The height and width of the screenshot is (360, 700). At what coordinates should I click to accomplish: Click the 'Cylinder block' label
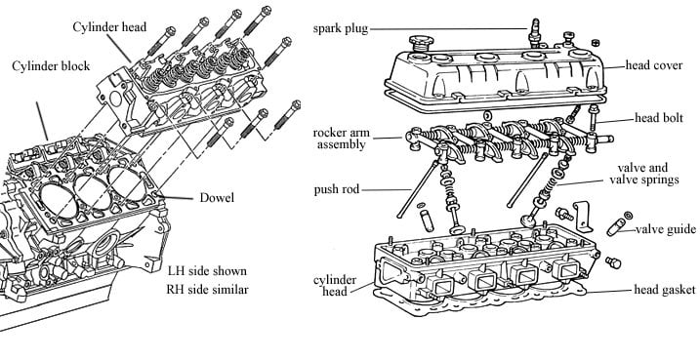tap(51, 66)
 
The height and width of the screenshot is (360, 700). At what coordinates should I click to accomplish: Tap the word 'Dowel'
tap(217, 198)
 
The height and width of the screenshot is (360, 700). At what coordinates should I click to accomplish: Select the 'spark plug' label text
tap(341, 29)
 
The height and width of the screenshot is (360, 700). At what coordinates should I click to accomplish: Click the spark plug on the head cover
tap(535, 32)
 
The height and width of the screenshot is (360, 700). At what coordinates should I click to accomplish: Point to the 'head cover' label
tap(654, 65)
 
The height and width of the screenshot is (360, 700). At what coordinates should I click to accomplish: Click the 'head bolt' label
tap(659, 118)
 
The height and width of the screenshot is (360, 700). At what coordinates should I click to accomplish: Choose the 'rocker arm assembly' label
tap(342, 139)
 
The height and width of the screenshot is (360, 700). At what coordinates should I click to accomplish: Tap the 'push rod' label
tap(337, 189)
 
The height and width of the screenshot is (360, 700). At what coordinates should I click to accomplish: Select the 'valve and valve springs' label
tap(643, 174)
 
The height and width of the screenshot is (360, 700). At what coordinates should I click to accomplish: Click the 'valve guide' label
tap(665, 229)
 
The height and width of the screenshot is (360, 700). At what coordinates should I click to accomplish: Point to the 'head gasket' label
tap(665, 290)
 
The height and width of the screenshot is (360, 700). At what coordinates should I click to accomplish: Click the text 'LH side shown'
tap(207, 271)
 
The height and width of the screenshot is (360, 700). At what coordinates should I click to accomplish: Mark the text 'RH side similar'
tap(208, 290)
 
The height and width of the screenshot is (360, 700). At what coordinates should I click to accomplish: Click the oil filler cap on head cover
tap(420, 43)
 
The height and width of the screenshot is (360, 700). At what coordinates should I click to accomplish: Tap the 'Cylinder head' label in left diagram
tap(109, 26)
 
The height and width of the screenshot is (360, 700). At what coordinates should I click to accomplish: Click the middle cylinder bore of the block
tap(93, 192)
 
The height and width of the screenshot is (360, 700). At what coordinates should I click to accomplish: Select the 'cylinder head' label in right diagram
tap(335, 286)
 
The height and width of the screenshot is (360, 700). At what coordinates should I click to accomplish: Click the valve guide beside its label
tap(616, 226)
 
